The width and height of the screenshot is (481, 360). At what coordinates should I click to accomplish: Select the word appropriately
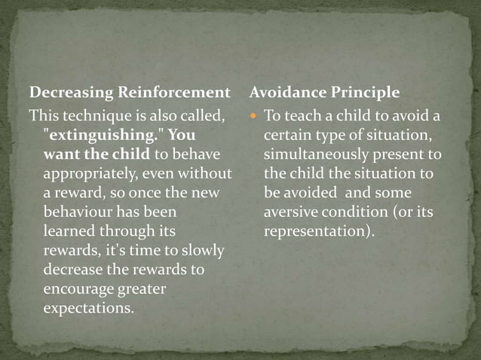click(90, 174)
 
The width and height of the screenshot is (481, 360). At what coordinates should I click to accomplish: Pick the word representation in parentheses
click(317, 232)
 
